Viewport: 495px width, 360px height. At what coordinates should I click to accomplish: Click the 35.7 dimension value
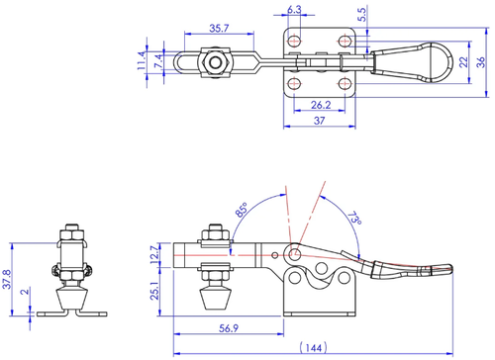pos(219,29)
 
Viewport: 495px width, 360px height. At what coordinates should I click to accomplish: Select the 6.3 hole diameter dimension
pos(294,10)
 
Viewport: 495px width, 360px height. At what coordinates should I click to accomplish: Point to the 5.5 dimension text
pos(362,15)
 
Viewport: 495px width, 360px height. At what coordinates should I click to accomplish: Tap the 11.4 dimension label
pos(142,60)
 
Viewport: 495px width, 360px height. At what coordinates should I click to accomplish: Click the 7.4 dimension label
pos(158,61)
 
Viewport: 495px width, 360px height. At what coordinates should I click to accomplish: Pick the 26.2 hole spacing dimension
pos(321,105)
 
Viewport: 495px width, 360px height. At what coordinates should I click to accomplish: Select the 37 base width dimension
pos(319,121)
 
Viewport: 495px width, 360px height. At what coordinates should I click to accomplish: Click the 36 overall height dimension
pos(481,62)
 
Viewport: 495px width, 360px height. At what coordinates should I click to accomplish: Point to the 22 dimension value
pos(463,62)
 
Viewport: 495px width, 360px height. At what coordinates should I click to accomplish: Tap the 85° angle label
pos(242,210)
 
